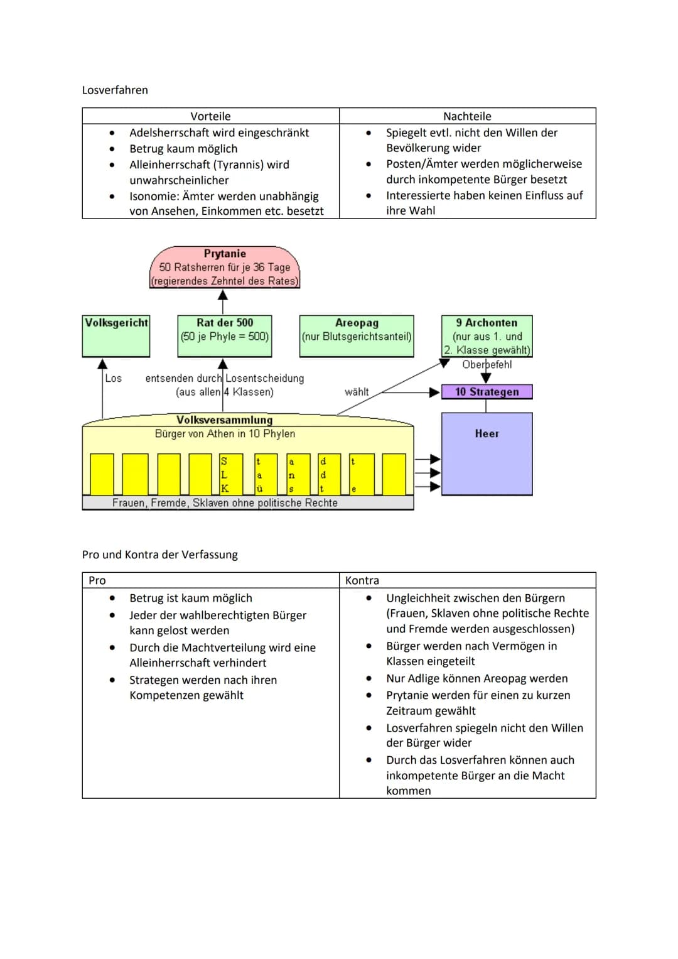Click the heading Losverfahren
[x=115, y=90]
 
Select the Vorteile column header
[x=210, y=116]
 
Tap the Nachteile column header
[x=467, y=116]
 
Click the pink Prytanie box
[x=225, y=268]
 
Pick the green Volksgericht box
[x=116, y=336]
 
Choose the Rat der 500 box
[x=225, y=336]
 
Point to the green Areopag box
[x=357, y=336]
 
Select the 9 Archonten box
[x=487, y=336]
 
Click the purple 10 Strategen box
[x=487, y=392]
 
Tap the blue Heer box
[x=487, y=453]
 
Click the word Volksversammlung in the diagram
[x=224, y=420]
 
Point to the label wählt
[x=357, y=392]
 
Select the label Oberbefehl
[x=487, y=365]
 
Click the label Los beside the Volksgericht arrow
[x=114, y=378]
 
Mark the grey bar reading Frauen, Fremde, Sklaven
[x=247, y=503]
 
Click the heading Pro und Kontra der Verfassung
[x=160, y=555]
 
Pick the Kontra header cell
[x=362, y=580]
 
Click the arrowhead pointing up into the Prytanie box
[x=223, y=294]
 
